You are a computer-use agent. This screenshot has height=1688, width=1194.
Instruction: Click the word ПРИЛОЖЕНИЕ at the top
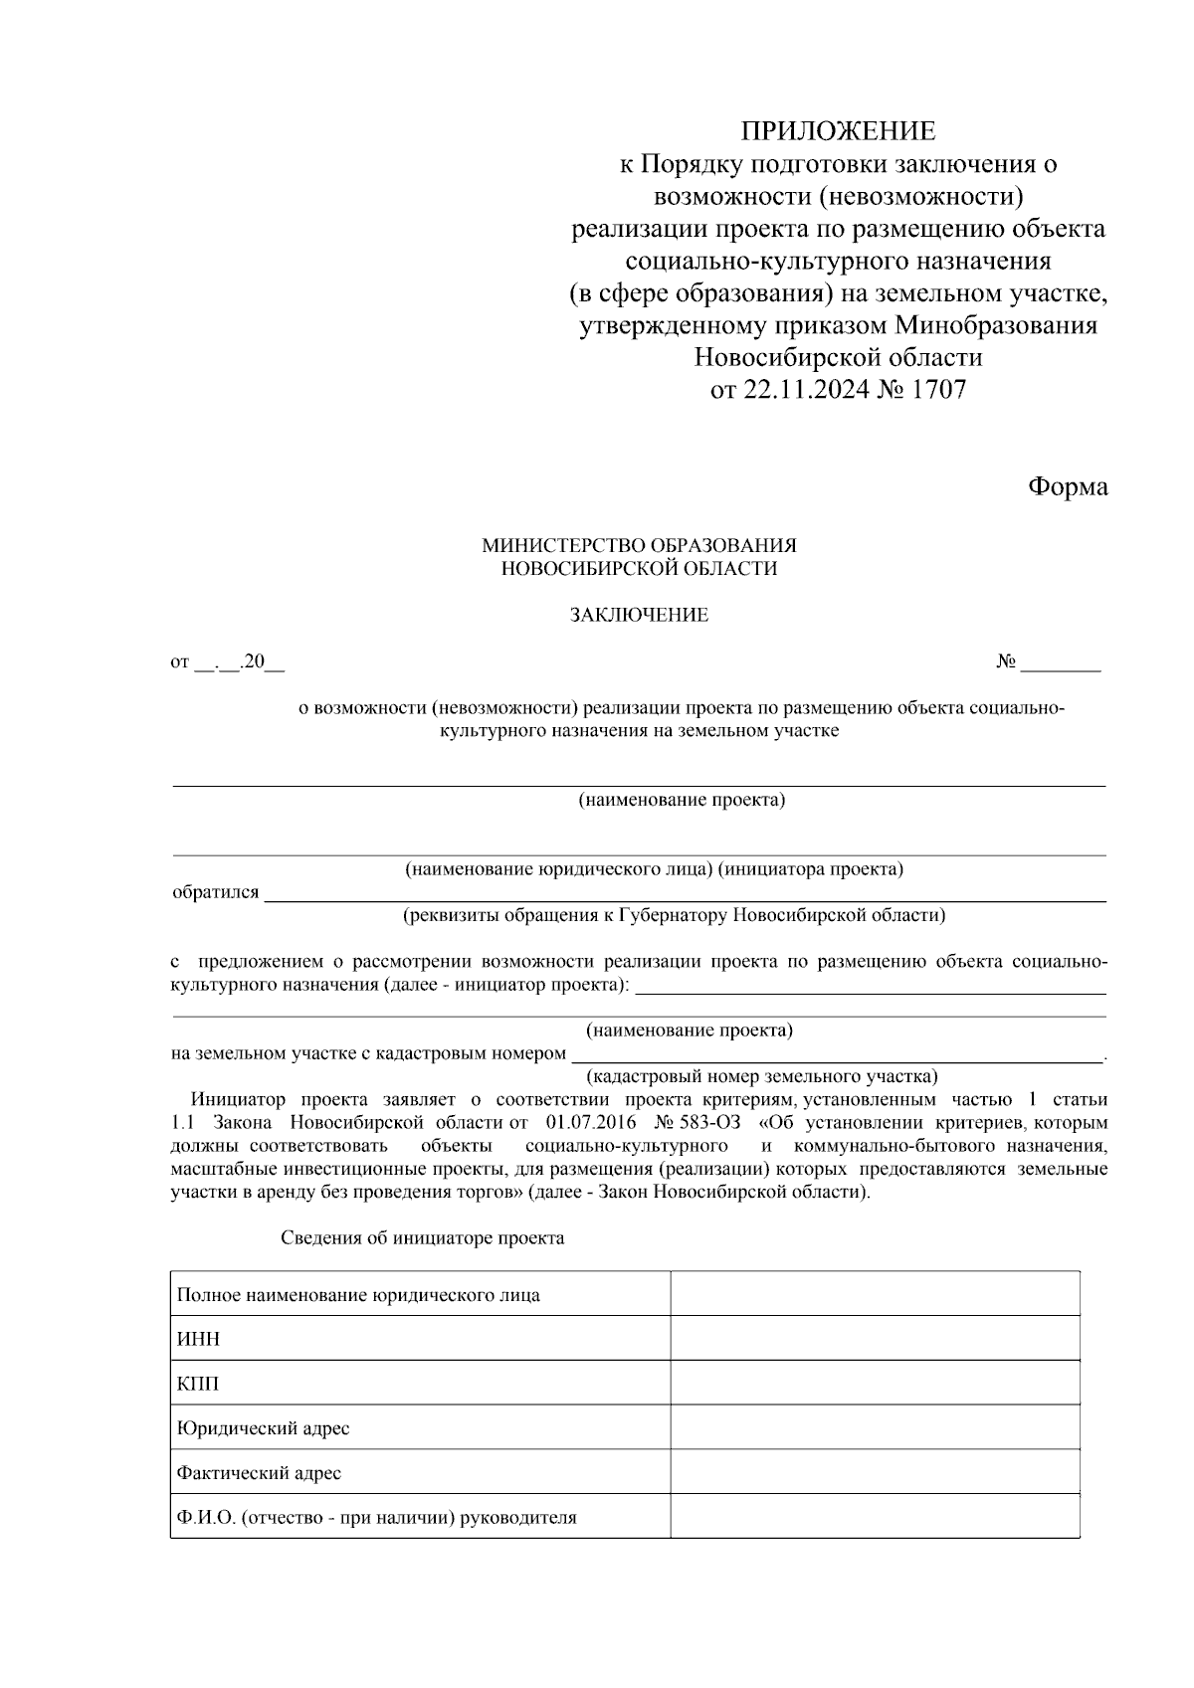click(837, 130)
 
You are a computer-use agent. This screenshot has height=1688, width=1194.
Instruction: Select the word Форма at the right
click(1067, 486)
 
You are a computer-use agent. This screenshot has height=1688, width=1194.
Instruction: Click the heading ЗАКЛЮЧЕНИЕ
click(639, 615)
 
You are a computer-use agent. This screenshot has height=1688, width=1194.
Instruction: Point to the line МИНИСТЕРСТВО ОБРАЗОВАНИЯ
click(639, 545)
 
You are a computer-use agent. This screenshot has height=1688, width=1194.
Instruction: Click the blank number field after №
click(1061, 662)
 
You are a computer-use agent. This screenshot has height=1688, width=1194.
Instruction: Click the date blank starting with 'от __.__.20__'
click(227, 662)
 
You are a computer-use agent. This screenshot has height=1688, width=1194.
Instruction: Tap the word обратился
click(215, 892)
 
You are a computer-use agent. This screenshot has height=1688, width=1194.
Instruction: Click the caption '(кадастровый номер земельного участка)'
click(761, 1076)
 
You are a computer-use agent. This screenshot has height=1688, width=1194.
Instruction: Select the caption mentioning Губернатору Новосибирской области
click(674, 914)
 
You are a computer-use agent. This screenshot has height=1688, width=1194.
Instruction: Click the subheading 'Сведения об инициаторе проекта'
click(422, 1238)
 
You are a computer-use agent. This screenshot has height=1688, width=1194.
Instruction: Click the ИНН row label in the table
click(198, 1339)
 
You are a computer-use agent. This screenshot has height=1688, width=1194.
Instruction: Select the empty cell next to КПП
click(875, 1383)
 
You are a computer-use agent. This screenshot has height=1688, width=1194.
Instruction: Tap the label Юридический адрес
click(263, 1428)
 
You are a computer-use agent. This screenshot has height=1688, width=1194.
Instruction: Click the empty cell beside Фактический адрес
click(875, 1471)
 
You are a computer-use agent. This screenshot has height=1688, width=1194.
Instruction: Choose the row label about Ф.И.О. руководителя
click(376, 1518)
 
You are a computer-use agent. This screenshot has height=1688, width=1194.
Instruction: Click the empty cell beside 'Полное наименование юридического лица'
click(875, 1294)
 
